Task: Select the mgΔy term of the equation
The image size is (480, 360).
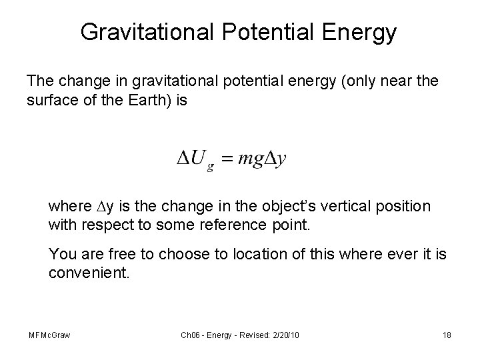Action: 263,161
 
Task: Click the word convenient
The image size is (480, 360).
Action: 87,273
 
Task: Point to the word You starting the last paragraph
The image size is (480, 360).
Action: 63,255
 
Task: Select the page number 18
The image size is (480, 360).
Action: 446,334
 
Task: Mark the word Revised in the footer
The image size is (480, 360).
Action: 249,334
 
